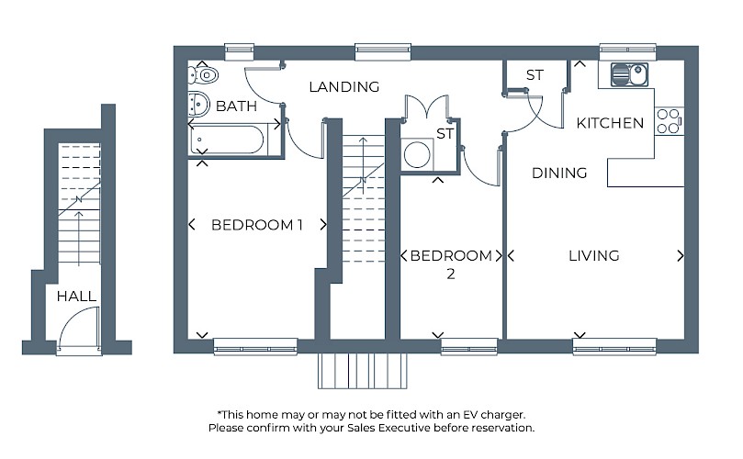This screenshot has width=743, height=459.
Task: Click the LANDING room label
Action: [344, 86]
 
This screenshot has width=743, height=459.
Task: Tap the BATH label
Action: [236, 106]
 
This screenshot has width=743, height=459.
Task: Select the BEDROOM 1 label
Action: [257, 225]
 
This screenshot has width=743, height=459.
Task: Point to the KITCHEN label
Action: [610, 123]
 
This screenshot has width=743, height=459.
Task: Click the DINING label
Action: [559, 173]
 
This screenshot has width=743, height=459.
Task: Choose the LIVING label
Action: [593, 256]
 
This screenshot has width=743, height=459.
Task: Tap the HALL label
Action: [76, 297]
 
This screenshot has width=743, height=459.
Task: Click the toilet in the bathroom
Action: [203, 75]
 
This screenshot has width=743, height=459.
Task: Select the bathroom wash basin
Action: [199, 103]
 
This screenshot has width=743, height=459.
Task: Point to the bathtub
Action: [228, 140]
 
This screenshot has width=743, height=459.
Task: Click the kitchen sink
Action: [629, 75]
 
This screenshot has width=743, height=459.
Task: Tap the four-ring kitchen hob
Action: [669, 121]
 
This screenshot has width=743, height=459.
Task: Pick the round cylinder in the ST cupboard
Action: [417, 153]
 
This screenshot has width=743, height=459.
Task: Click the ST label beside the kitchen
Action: [535, 75]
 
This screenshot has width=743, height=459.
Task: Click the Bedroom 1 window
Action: [255, 346]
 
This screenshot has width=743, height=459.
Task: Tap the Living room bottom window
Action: [614, 346]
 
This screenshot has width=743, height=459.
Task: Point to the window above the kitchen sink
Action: [628, 52]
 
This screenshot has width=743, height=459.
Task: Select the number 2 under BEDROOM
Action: [451, 274]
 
